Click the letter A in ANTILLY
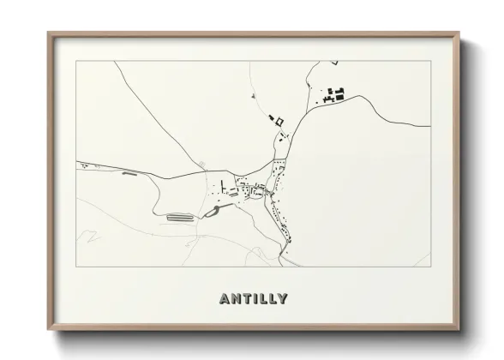225,299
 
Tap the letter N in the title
236,299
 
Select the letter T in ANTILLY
246,299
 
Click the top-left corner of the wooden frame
48,33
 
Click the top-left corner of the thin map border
76,61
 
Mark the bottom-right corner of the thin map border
430,267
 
